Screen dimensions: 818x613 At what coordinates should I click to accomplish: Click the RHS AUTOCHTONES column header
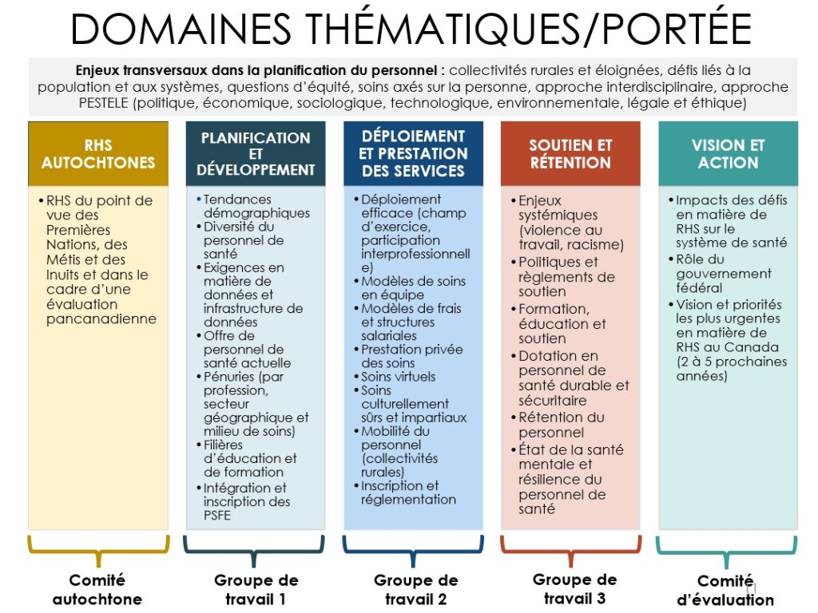point(98,154)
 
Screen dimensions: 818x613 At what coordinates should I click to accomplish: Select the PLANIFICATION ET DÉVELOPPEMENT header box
point(256,154)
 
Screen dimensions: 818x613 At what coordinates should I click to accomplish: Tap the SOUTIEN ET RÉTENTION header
point(570,154)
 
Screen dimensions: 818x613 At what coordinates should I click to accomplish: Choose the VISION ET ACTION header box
point(728,154)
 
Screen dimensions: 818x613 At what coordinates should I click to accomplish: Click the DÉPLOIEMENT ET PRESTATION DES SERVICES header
point(413,154)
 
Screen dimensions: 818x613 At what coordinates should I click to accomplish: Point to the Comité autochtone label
point(97,590)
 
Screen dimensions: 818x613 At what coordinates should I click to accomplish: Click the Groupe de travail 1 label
point(256,590)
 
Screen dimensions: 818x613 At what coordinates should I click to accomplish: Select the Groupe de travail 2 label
point(415,590)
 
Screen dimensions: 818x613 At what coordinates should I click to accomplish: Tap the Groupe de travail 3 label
point(574,589)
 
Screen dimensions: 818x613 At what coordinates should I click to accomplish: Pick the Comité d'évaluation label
point(725,590)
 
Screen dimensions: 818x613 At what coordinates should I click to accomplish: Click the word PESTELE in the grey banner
point(103,103)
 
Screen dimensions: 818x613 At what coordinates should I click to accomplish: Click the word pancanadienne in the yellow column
point(101,319)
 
